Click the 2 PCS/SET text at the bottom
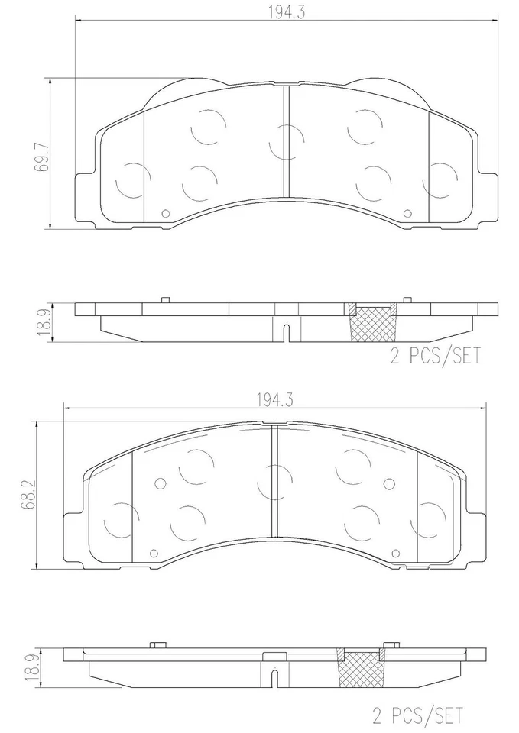point(417,715)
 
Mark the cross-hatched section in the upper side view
point(372,324)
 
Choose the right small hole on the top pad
point(408,215)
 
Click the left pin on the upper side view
point(164,299)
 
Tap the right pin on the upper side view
point(407,299)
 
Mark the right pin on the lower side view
point(395,644)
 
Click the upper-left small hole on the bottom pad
point(160,483)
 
